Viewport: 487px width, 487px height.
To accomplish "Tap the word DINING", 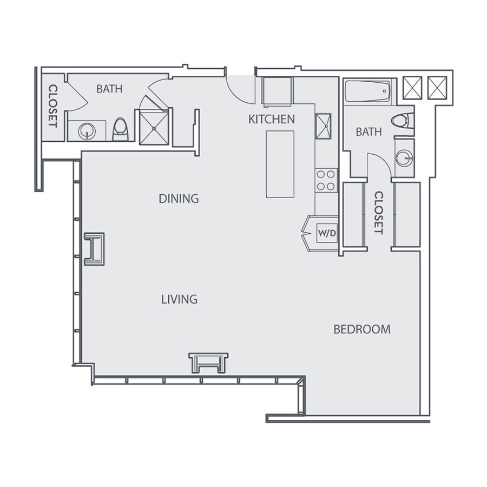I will pyautogui.click(x=179, y=199).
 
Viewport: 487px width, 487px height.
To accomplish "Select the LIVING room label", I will pyautogui.click(x=179, y=299).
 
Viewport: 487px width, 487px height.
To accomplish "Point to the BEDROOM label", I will pyautogui.click(x=361, y=329).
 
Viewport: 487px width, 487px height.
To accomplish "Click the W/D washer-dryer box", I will pyautogui.click(x=327, y=233).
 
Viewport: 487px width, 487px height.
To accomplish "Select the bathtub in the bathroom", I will pyautogui.click(x=367, y=91).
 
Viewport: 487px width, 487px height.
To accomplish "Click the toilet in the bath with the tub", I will pyautogui.click(x=402, y=121).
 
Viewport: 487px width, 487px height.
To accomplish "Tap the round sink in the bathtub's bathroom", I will pyautogui.click(x=404, y=157).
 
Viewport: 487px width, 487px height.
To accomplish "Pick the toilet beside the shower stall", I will pyautogui.click(x=120, y=129).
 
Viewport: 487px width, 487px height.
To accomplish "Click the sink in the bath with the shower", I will pyautogui.click(x=86, y=130).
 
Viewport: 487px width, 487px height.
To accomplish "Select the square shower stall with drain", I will pyautogui.click(x=155, y=127).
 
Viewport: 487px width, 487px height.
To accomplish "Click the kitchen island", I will pyautogui.click(x=280, y=164).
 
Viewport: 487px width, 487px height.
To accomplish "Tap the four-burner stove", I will pyautogui.click(x=326, y=180).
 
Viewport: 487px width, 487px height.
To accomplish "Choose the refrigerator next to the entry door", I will pyautogui.click(x=277, y=90).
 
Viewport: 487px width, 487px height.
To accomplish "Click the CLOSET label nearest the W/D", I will pyautogui.click(x=378, y=213).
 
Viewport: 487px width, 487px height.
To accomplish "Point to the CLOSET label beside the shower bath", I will pyautogui.click(x=53, y=106).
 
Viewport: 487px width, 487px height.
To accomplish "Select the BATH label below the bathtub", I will pyautogui.click(x=368, y=131).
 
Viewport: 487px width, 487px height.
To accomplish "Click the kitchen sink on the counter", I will pyautogui.click(x=324, y=126).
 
